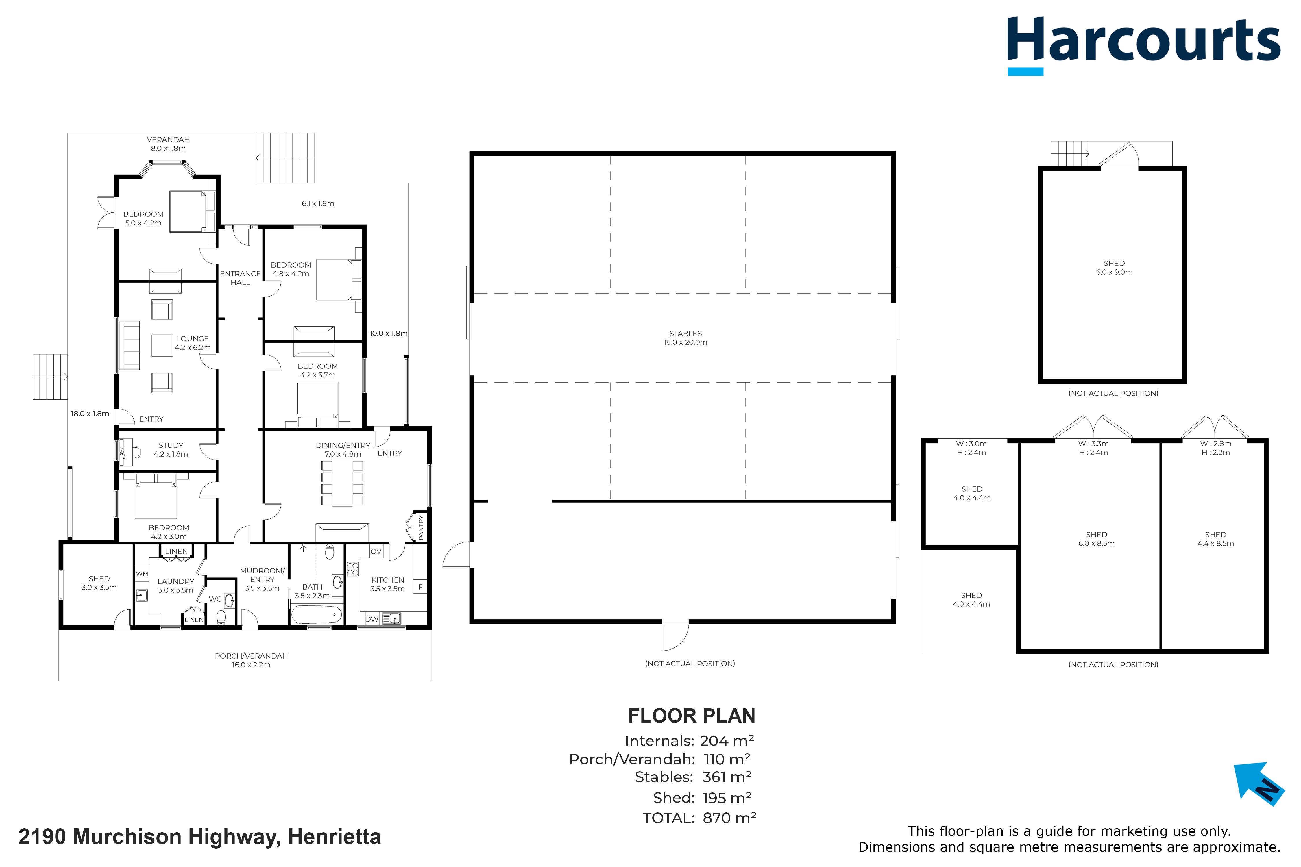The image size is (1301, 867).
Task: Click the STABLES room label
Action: click(x=685, y=338)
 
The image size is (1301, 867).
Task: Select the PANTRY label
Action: click(x=421, y=527)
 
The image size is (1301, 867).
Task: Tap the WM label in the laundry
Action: click(x=142, y=574)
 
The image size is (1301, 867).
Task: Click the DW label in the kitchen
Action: click(x=372, y=619)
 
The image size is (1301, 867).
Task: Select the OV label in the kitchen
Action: click(x=376, y=551)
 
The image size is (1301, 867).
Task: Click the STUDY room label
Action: click(x=171, y=449)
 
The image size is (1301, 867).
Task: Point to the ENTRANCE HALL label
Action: click(x=240, y=278)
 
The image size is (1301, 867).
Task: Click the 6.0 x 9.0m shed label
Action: click(x=1114, y=268)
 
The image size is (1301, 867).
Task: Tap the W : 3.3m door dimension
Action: click(x=1094, y=443)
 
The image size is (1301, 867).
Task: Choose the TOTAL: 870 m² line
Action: click(x=699, y=818)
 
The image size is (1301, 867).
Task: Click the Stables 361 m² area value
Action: click(x=727, y=777)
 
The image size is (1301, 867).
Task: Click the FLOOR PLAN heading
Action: click(x=692, y=716)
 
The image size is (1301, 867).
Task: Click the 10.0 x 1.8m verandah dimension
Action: click(x=388, y=334)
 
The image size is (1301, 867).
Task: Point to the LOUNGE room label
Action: click(x=193, y=343)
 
